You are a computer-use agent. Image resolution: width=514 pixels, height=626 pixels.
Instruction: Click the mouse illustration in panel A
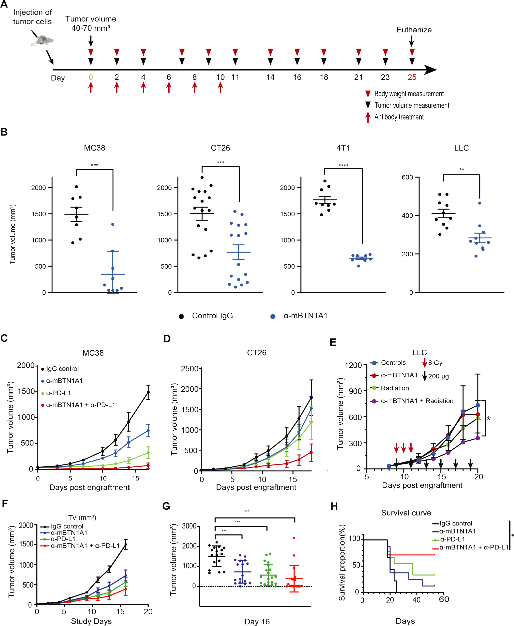42,41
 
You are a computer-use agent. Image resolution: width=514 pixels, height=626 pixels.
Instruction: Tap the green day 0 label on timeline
91,77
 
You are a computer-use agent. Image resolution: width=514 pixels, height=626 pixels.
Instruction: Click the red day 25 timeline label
412,77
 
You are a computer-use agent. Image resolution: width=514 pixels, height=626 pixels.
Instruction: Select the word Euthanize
414,30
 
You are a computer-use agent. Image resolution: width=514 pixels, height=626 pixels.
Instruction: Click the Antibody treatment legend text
399,117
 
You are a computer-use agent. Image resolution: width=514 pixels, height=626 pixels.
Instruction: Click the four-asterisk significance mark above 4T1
343,165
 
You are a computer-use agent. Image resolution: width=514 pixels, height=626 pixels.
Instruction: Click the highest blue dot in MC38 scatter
113,224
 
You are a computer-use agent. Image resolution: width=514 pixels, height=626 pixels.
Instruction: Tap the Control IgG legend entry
212,316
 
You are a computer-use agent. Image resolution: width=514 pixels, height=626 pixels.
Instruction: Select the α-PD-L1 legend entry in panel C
58,393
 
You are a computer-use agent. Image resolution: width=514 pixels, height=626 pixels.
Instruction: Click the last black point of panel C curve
148,392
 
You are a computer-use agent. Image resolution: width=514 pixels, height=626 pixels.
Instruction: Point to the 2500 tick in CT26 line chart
190,369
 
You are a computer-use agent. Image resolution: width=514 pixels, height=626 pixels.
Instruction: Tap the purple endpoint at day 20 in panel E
478,438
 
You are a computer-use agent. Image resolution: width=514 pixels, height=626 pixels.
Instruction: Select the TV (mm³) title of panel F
82,517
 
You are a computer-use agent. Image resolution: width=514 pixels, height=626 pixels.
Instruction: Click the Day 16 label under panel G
257,621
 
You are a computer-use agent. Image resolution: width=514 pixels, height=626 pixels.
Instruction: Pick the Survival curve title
406,513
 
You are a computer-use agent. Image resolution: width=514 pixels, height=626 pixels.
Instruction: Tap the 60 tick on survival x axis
444,599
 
